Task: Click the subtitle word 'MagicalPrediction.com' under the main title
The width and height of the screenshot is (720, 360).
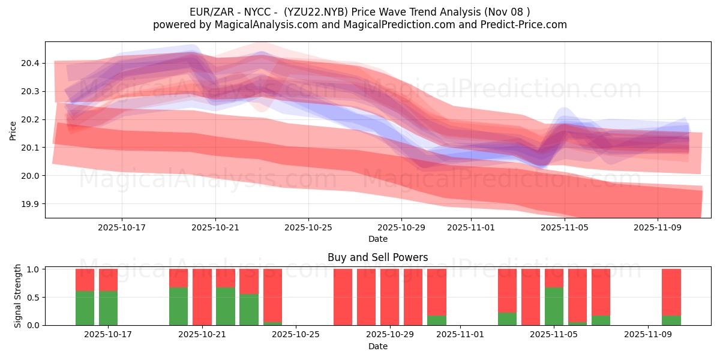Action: (x=391, y=25)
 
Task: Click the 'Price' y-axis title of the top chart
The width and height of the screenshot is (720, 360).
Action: (x=13, y=130)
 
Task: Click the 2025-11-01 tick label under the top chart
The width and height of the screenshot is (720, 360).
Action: (x=471, y=227)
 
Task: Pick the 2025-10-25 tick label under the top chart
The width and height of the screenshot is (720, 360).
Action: (x=308, y=227)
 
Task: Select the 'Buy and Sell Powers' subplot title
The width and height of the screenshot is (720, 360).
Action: (x=377, y=257)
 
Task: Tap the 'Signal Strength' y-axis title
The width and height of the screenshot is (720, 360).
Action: (x=18, y=296)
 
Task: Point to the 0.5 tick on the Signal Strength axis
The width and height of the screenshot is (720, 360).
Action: (x=33, y=297)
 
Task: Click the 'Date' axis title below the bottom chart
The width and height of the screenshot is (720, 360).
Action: (x=377, y=346)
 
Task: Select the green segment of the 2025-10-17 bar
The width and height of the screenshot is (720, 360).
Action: (x=108, y=308)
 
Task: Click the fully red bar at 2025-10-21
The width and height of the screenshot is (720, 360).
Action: (x=202, y=297)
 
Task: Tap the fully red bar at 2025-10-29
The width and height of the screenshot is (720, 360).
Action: (x=389, y=297)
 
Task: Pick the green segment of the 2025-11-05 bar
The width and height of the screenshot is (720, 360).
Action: (x=554, y=306)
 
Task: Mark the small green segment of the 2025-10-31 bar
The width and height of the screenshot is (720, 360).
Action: (x=436, y=320)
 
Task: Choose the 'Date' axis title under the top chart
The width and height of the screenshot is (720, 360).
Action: (x=377, y=239)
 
